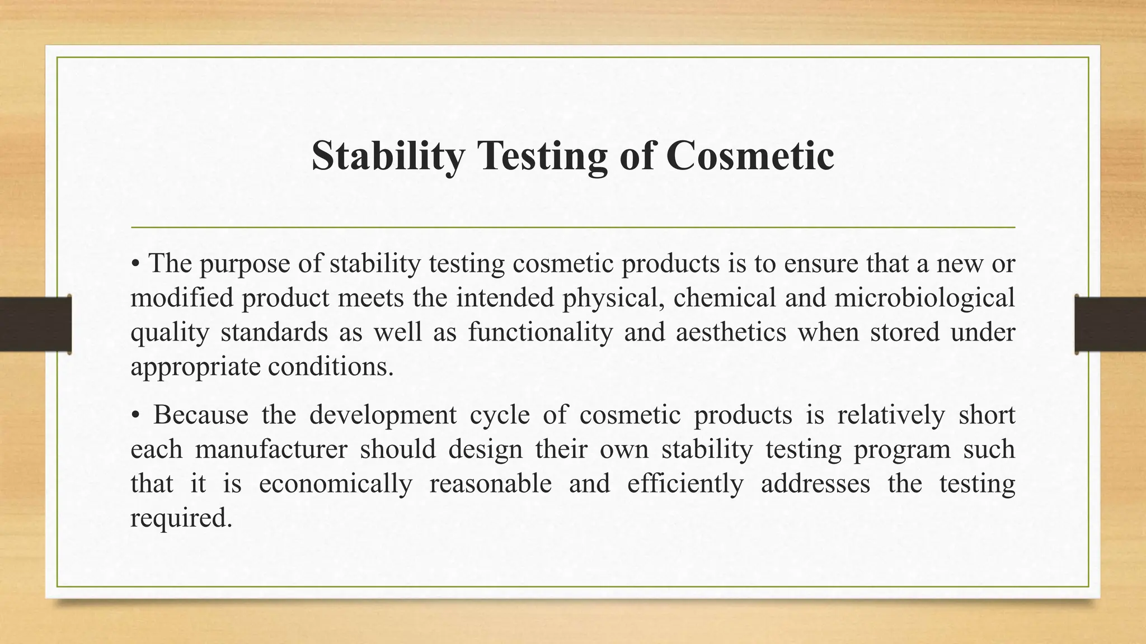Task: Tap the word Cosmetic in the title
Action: pos(749,155)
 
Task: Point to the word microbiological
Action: pos(924,297)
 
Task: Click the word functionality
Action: pos(540,332)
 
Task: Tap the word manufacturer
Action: pos(271,449)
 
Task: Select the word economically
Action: pos(335,484)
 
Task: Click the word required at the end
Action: pos(180,518)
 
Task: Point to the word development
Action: pos(383,415)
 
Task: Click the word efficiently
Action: pos(685,484)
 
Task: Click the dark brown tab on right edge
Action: pos(1110,324)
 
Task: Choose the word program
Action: pos(901,449)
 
